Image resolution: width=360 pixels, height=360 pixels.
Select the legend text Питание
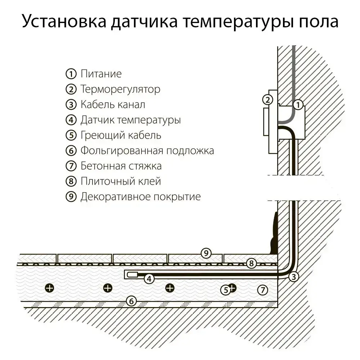point(101,74)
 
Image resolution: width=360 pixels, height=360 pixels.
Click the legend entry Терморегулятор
point(120,89)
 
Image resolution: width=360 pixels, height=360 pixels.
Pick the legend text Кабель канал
point(113,104)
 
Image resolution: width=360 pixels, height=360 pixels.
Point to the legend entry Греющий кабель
point(121,135)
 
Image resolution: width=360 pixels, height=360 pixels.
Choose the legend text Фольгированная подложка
point(147,150)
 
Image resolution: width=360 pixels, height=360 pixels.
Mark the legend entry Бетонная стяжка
point(121,166)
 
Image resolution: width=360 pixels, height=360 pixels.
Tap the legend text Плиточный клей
point(121,181)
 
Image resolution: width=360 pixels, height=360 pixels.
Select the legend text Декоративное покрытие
point(140,197)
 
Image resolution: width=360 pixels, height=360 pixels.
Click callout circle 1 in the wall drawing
point(298,105)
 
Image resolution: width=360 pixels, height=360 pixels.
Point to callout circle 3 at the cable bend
point(294,276)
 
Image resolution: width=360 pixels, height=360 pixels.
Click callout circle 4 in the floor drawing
point(149,278)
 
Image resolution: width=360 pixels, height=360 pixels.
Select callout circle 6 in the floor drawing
point(132,301)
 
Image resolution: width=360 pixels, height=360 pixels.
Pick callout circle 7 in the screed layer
point(263,289)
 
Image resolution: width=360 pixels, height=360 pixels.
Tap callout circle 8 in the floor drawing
point(252,263)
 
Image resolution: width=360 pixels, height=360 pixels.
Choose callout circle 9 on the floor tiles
point(206,253)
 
